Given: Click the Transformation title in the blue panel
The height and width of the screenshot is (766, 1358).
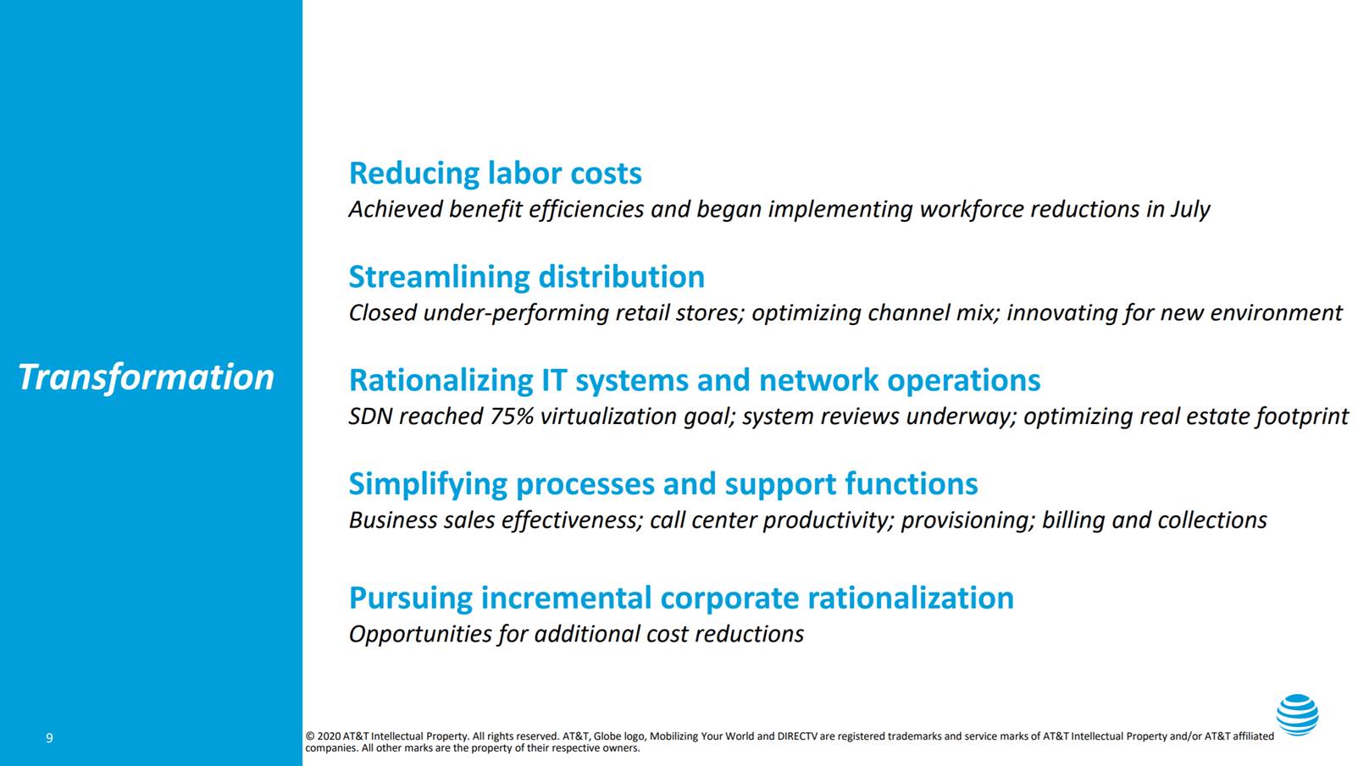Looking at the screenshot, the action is [146, 377].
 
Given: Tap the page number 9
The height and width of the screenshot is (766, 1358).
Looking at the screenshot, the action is [50, 737].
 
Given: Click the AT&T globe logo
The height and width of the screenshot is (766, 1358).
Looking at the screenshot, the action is [1297, 714].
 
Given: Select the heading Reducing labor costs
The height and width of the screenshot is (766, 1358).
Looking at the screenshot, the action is [495, 174].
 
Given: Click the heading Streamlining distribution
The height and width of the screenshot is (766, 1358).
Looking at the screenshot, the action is [526, 277].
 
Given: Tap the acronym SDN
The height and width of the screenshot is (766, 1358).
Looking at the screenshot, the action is [370, 416].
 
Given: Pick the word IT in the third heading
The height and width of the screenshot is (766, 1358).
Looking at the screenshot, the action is [553, 380].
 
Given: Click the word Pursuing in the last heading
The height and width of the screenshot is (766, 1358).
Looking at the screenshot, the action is [410, 598].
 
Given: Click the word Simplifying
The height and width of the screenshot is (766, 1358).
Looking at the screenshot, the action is [428, 484].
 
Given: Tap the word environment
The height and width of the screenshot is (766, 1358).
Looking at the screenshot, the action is [1276, 313].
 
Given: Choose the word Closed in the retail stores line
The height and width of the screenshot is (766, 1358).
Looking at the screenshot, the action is [383, 313].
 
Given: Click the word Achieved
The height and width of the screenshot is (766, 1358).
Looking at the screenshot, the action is [396, 210].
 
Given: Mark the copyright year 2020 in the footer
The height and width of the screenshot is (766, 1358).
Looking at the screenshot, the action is [329, 736].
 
